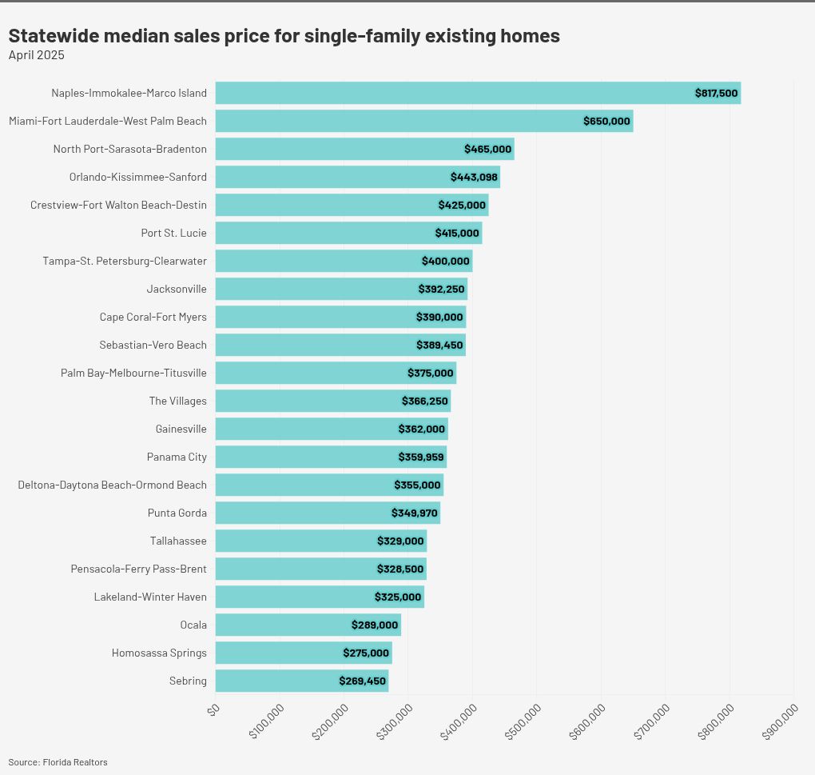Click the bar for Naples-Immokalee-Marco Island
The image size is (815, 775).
pyautogui.click(x=447, y=93)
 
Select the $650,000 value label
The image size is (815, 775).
pyautogui.click(x=606, y=121)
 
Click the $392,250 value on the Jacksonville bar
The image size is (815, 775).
pyautogui.click(x=441, y=289)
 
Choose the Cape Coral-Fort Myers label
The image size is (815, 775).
pyautogui.click(x=153, y=317)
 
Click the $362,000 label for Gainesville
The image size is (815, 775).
pyautogui.click(x=421, y=429)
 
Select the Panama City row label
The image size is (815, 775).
pyautogui.click(x=177, y=457)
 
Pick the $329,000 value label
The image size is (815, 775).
pyautogui.click(x=400, y=541)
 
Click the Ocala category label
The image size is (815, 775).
pyautogui.click(x=193, y=625)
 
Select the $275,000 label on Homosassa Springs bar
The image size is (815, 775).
pyautogui.click(x=366, y=653)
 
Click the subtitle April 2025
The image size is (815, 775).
pyautogui.click(x=36, y=55)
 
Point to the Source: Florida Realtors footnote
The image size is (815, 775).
pyautogui.click(x=58, y=762)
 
